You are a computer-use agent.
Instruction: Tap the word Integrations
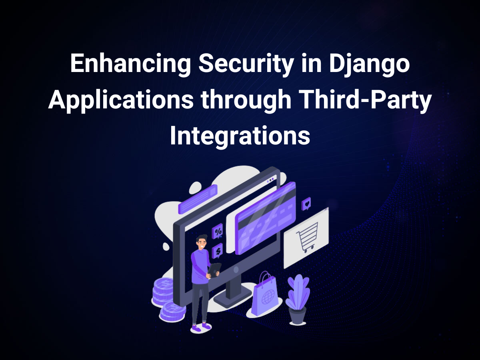click(240, 136)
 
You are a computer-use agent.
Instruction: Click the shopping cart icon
click(308, 238)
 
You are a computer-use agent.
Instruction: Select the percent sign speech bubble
click(218, 231)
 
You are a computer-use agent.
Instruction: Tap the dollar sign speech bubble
click(218, 251)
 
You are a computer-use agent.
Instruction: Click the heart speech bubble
click(306, 204)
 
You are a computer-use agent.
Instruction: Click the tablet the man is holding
click(214, 270)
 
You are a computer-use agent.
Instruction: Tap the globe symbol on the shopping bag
click(267, 300)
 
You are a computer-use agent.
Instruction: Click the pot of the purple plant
click(297, 314)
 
